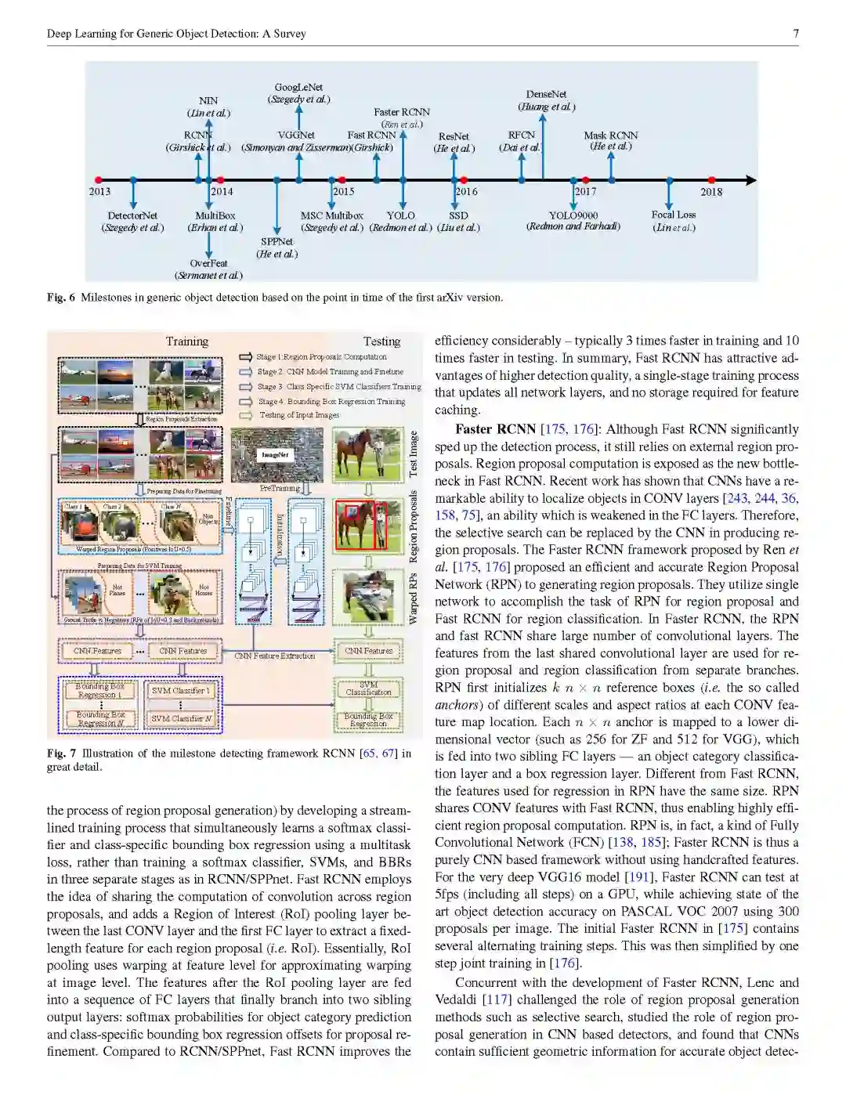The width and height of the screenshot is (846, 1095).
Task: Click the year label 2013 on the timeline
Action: click(x=99, y=191)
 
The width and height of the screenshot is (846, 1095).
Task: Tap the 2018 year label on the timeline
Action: click(x=711, y=191)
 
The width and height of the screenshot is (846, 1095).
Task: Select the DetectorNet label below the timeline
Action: click(x=132, y=215)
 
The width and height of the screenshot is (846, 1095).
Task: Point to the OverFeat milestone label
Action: click(x=208, y=264)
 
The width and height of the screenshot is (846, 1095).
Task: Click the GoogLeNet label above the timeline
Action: click(x=298, y=88)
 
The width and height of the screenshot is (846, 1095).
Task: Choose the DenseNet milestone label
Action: click(x=546, y=94)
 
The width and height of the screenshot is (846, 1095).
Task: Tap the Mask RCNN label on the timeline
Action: click(x=611, y=136)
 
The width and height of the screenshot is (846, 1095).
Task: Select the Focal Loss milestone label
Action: click(x=673, y=215)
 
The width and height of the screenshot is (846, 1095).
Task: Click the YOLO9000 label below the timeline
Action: click(x=573, y=215)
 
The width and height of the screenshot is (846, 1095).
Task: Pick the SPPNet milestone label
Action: click(x=277, y=242)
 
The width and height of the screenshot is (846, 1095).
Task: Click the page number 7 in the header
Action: click(x=795, y=34)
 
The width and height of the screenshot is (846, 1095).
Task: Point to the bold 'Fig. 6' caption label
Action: click(x=61, y=298)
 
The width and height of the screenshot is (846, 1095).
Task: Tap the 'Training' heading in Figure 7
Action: click(x=186, y=342)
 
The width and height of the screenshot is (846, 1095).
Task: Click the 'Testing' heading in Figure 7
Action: click(x=381, y=342)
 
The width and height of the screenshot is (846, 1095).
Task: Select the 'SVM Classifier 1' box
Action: click(x=181, y=691)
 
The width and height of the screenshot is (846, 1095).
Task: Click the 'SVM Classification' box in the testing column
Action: click(x=368, y=688)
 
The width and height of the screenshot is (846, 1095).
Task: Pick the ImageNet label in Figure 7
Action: click(x=275, y=454)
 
